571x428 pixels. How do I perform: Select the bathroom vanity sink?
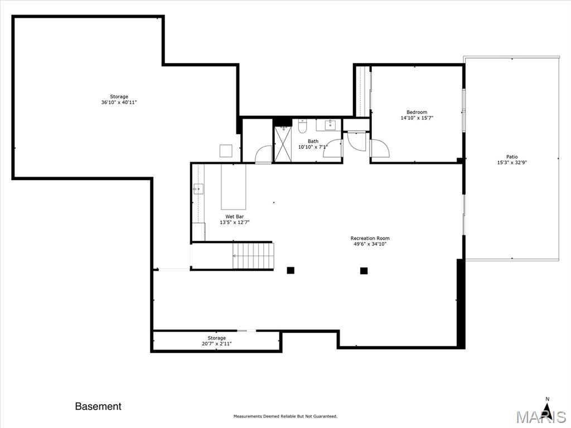pos(331,124)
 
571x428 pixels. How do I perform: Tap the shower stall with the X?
pos(283,143)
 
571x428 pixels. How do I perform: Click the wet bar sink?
pos(198,189)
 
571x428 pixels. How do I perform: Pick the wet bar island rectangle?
pos(234,187)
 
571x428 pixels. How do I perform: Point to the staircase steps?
pos(253,256)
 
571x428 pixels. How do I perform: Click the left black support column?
pos(291,270)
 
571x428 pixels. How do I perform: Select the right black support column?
pos(364,270)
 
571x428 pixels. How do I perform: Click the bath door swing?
pos(332,148)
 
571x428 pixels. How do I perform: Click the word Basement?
pos(98,406)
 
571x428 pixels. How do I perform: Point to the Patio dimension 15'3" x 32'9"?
pos(512,163)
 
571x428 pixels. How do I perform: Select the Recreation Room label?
pos(370,238)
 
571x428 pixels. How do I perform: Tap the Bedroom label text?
pos(417,112)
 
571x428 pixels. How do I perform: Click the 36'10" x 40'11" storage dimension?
pos(119,103)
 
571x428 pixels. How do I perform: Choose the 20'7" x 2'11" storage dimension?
pos(217,343)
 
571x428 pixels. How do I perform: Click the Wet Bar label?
pos(235,217)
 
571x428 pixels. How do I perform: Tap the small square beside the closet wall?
pos(226,150)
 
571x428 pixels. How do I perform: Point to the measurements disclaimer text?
pos(285,416)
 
